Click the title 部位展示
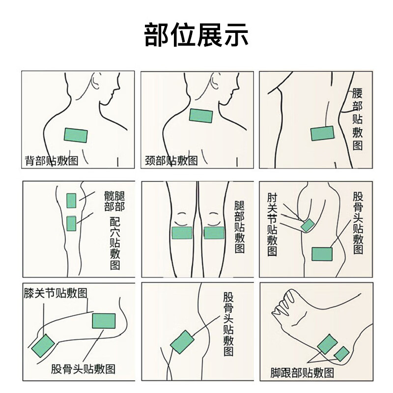tap(196, 34)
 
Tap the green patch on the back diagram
tap(76, 135)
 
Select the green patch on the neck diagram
tap(201, 115)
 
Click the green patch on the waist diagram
tap(323, 133)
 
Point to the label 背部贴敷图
tap(52, 161)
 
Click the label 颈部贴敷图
tap(171, 161)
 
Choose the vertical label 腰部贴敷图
tap(358, 119)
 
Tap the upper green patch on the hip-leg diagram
tap(71, 200)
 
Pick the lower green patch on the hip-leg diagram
tap(71, 224)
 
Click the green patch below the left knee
tap(182, 232)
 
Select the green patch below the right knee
tap(214, 232)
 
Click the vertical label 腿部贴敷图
tap(240, 227)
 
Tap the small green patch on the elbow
tap(308, 225)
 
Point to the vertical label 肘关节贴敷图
tap(272, 225)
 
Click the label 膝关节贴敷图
tap(56, 293)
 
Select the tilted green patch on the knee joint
tap(43, 346)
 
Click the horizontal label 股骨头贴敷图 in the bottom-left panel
tap(83, 369)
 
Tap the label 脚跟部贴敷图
tap(302, 373)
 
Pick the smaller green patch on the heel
tap(341, 354)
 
